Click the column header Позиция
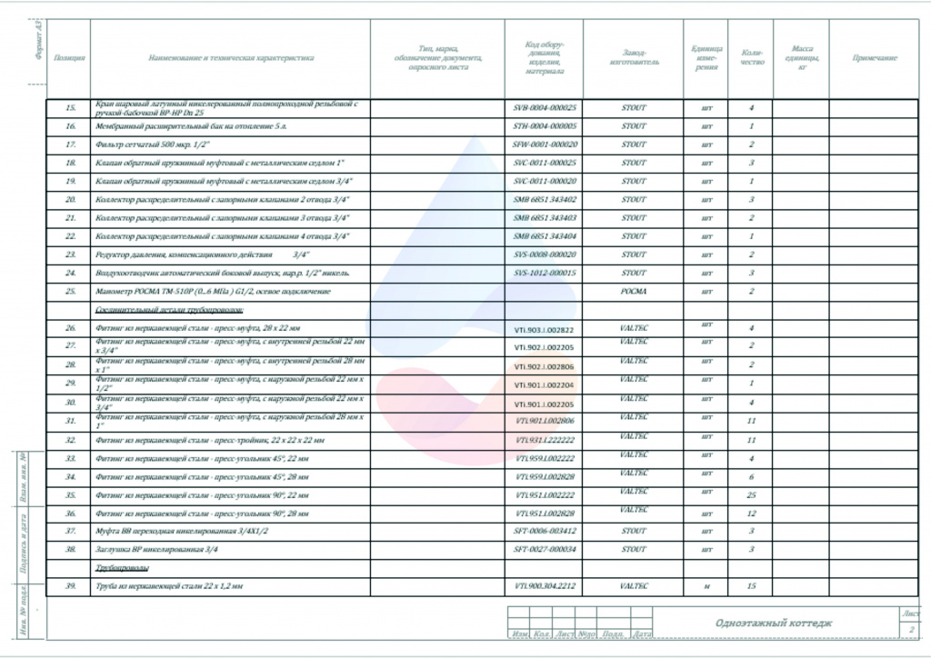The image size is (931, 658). [70, 58]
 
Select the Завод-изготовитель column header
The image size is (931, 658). [634, 58]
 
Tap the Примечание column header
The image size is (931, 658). [875, 58]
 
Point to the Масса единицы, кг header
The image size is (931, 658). [802, 58]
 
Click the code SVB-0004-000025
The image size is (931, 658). [545, 108]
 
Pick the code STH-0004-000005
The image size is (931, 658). [545, 126]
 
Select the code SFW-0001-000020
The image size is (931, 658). [545, 145]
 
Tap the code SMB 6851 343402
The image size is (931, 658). [545, 200]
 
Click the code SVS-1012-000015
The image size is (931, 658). [545, 273]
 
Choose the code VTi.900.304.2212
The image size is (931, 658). [545, 586]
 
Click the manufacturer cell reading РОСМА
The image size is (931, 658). [634, 292]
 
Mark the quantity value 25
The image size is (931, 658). [751, 495]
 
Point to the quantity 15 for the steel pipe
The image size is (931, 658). [751, 586]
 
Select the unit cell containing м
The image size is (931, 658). [706, 586]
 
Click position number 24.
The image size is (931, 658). [70, 273]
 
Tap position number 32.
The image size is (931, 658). [70, 440]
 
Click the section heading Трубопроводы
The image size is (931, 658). [123, 567]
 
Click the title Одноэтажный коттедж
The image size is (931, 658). [773, 623]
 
